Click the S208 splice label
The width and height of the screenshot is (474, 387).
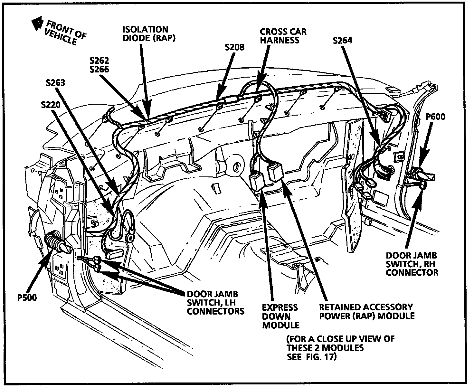235,48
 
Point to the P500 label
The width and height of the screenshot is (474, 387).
27,297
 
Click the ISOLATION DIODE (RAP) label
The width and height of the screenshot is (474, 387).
145,33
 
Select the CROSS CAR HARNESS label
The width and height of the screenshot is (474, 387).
283,36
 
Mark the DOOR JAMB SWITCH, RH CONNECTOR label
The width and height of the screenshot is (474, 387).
412,264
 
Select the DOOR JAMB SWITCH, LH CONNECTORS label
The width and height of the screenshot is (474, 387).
215,302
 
